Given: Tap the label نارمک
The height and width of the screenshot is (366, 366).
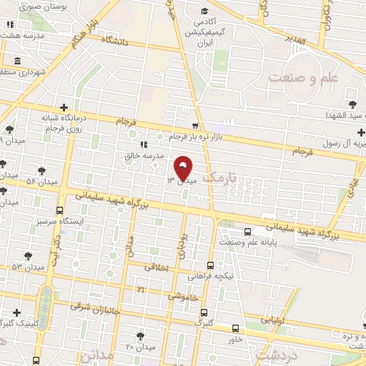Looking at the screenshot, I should [219, 177].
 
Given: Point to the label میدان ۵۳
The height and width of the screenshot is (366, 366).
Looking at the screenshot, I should [27, 267].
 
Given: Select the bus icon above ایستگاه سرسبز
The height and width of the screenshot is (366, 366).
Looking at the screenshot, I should [59, 211].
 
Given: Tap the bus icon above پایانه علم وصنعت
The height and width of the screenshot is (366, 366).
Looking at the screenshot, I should [248, 232].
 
